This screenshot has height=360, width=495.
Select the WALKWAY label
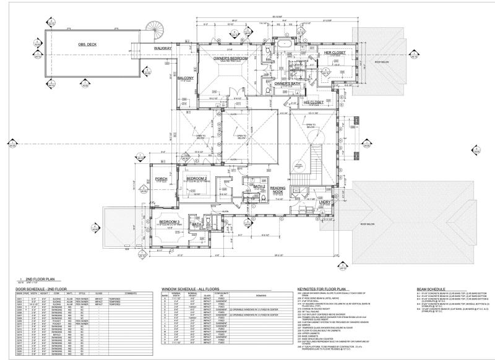[163, 48]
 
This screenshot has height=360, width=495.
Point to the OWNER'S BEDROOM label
[230, 59]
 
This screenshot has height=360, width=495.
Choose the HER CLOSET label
[335, 53]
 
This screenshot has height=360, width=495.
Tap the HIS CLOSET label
[314, 101]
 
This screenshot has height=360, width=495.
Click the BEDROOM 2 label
[196, 179]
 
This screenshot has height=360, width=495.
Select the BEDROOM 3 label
[169, 221]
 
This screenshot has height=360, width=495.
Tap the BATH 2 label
[259, 186]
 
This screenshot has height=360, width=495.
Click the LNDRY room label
[325, 202]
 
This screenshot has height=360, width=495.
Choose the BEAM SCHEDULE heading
[431, 289]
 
